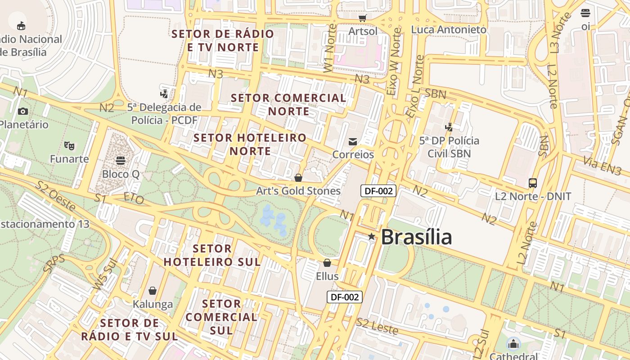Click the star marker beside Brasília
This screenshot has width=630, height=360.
click(x=371, y=237)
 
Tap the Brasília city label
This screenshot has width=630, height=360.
click(x=416, y=237)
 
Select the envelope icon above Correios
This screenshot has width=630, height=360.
click(x=353, y=142)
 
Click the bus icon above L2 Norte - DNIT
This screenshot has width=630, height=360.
click(x=533, y=183)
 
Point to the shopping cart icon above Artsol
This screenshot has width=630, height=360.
click(x=363, y=18)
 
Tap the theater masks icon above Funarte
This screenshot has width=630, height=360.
click(x=69, y=145)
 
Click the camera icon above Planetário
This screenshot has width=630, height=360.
click(x=23, y=111)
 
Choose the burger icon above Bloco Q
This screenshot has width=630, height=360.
click(x=120, y=160)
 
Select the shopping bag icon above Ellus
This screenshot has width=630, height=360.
click(x=327, y=263)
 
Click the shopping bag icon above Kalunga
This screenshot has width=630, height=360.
click(x=153, y=291)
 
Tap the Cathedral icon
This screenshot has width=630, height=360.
click(x=513, y=345)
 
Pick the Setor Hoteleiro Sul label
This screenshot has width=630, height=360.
click(x=212, y=255)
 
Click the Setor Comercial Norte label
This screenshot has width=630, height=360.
click(x=288, y=104)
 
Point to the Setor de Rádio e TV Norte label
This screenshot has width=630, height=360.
click(x=223, y=40)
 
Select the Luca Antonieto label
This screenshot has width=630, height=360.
click(x=449, y=30)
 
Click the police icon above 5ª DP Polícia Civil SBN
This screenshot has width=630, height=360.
click(x=449, y=127)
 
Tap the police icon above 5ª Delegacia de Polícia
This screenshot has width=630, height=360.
click(x=164, y=94)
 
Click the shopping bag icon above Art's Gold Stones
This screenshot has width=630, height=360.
click(x=298, y=178)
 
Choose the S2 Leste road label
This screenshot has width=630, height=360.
click(x=377, y=326)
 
